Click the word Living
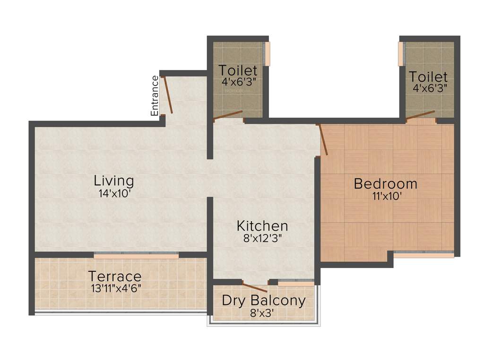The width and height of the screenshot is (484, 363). click(113, 181)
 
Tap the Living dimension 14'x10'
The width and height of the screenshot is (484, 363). click(113, 193)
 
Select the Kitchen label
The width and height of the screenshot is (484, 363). click(262, 226)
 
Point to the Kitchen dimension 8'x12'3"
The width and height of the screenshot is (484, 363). click(262, 239)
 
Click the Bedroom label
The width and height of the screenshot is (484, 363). click(385, 183)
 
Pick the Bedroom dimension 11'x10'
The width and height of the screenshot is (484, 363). click(385, 196)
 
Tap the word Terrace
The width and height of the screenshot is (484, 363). click(115, 276)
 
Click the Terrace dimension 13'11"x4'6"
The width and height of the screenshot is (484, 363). click(115, 287)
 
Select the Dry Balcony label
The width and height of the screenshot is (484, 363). click(264, 300)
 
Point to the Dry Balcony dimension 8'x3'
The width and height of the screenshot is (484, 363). click(264, 312)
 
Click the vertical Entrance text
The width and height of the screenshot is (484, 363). click(155, 95)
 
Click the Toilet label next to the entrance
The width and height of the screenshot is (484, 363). click(238, 71)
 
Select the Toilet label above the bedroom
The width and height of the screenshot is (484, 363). click(428, 77)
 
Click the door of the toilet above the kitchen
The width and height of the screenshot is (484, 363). click(228, 115)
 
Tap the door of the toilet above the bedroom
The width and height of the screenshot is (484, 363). click(420, 115)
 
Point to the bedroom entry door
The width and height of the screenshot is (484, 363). click(323, 140)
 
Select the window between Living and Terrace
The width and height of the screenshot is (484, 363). click(136, 255)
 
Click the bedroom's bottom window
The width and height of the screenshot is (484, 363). click(423, 254)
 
